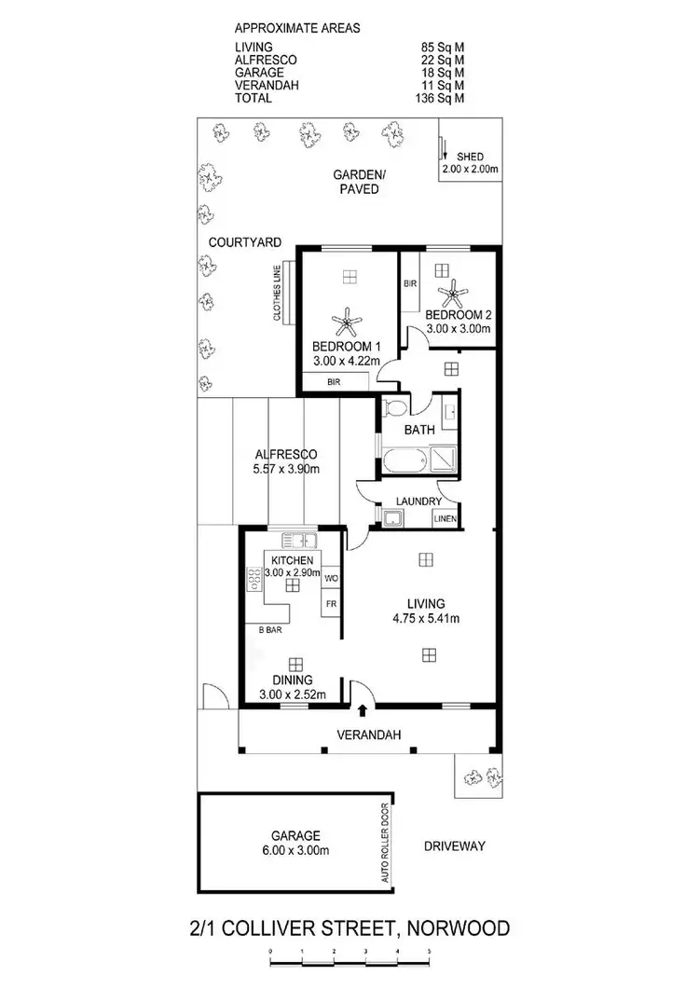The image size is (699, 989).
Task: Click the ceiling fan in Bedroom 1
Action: (x=347, y=323)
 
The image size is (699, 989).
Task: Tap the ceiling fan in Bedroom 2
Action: (x=455, y=295)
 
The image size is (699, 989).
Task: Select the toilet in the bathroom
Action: (x=394, y=407)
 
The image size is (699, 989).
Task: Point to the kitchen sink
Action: (x=301, y=540)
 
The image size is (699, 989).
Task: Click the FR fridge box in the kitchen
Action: (x=330, y=603)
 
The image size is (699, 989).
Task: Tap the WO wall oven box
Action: (x=330, y=579)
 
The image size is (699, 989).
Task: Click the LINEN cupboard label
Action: (x=445, y=519)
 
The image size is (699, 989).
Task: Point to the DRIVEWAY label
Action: (x=456, y=846)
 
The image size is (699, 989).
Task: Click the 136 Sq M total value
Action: (x=442, y=98)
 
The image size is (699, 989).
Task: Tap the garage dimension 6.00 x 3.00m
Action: (x=297, y=850)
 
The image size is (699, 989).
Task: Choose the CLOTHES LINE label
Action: (x=277, y=294)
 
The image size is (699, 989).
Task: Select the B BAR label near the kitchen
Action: (x=271, y=630)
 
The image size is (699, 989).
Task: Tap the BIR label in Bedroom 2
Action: (x=409, y=282)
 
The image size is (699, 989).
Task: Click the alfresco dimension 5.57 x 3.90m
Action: (x=287, y=469)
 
